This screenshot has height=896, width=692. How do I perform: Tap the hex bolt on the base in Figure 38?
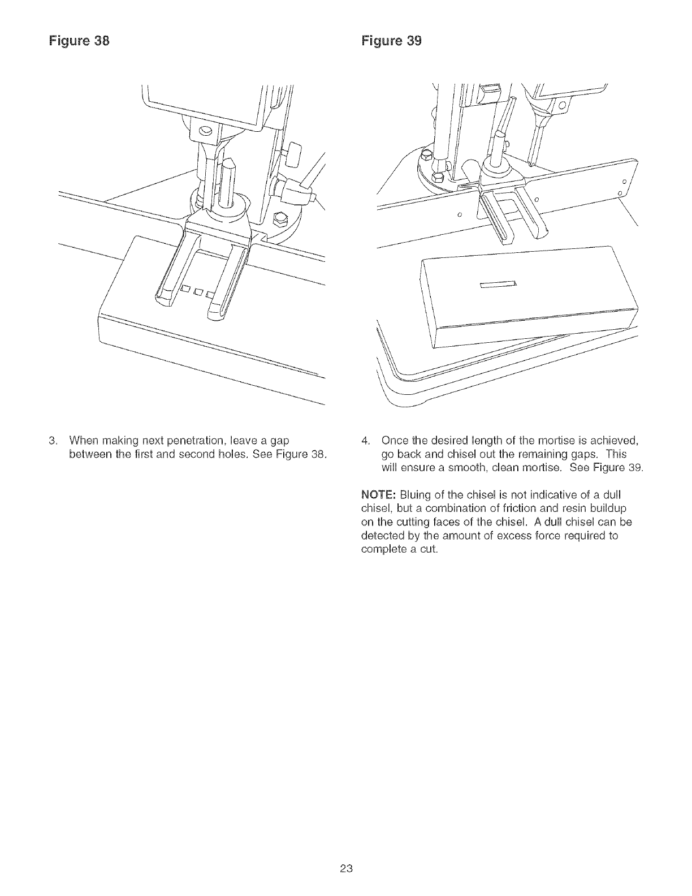[x=279, y=217]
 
